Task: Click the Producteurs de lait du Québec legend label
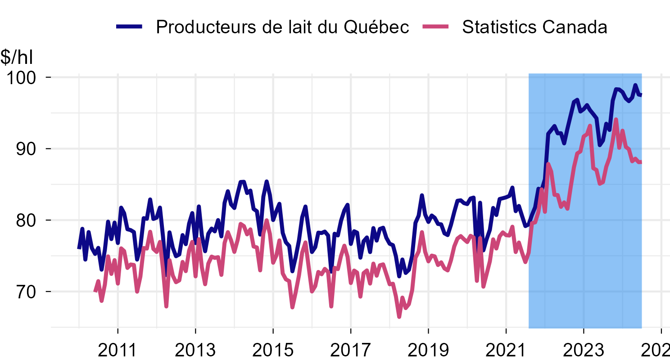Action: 282,27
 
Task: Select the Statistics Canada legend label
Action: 534,27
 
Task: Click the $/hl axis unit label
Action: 17,57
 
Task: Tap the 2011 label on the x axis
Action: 118,349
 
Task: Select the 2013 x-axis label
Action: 195,349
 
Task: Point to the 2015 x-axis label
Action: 273,349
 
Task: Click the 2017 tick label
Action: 350,349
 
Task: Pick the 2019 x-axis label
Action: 428,349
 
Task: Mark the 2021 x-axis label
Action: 506,349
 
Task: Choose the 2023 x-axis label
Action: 583,349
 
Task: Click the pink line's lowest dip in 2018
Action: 399,317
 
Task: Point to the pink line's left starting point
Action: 95,292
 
